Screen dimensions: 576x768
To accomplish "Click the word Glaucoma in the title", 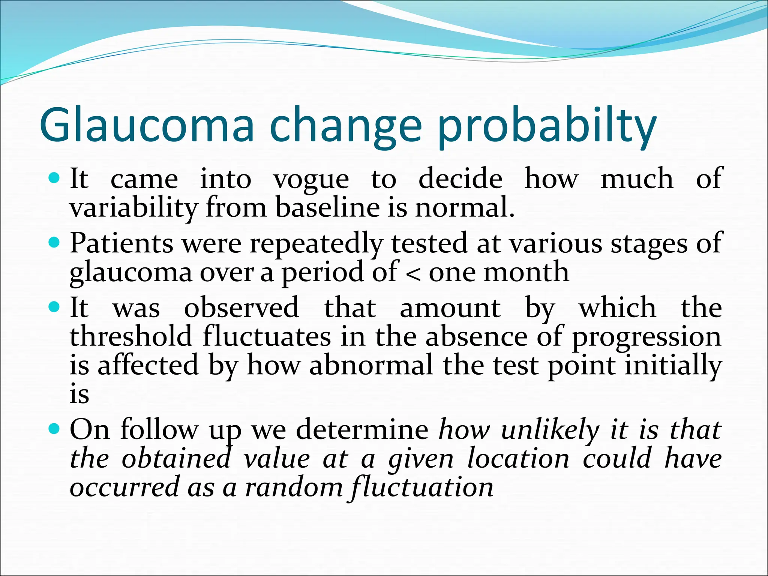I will point(146,124).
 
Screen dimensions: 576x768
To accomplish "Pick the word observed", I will point(241,307).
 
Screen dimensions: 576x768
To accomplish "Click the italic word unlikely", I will point(550,430).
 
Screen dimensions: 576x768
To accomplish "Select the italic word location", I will point(519,459).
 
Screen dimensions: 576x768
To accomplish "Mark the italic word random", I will point(294,487).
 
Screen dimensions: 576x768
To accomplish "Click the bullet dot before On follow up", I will point(54,428).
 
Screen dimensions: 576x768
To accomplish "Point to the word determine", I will point(362,429).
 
